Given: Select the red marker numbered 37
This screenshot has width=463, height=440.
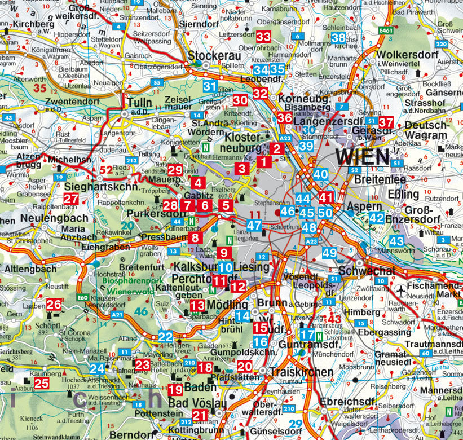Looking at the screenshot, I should click(x=386, y=122).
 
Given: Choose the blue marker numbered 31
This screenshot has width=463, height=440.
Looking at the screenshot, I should click(x=210, y=86).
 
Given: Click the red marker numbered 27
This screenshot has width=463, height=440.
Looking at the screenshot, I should click(x=71, y=199).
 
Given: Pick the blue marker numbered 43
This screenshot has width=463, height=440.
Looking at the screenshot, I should click(x=397, y=241).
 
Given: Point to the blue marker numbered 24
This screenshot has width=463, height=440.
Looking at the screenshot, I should click(x=97, y=369).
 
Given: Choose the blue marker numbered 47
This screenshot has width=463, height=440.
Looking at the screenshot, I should click(x=254, y=226).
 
